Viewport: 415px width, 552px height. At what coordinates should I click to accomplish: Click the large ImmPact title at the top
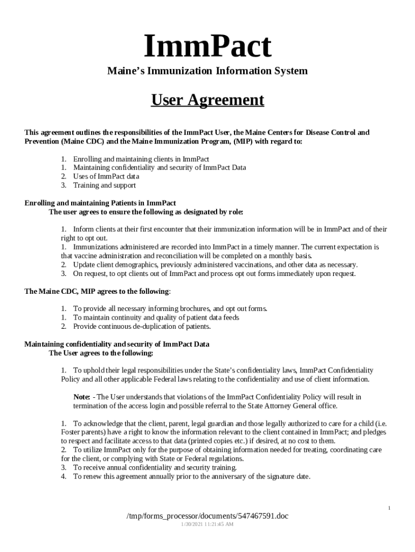tap(207, 47)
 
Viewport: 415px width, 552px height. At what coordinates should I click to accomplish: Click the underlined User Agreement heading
tap(207, 100)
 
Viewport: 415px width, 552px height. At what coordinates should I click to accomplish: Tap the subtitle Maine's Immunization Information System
tap(207, 71)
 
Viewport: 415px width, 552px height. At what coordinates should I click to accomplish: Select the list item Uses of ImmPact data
tap(106, 176)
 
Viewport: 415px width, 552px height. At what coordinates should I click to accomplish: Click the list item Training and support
tap(104, 185)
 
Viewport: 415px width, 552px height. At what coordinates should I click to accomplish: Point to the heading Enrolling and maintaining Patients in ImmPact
tap(100, 203)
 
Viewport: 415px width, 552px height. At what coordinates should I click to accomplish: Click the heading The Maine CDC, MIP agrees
tap(98, 292)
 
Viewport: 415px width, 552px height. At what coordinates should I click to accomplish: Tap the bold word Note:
tap(81, 397)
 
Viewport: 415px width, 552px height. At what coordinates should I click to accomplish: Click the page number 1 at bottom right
tap(389, 508)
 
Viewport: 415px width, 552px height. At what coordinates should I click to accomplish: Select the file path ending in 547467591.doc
tap(207, 516)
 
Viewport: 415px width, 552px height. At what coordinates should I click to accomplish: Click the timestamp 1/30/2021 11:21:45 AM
tap(207, 524)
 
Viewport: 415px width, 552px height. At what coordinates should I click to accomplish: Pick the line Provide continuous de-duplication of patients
tap(142, 326)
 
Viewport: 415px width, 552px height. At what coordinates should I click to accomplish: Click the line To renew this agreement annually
tap(191, 477)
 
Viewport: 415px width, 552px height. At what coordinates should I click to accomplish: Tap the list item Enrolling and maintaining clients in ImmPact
tap(141, 159)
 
